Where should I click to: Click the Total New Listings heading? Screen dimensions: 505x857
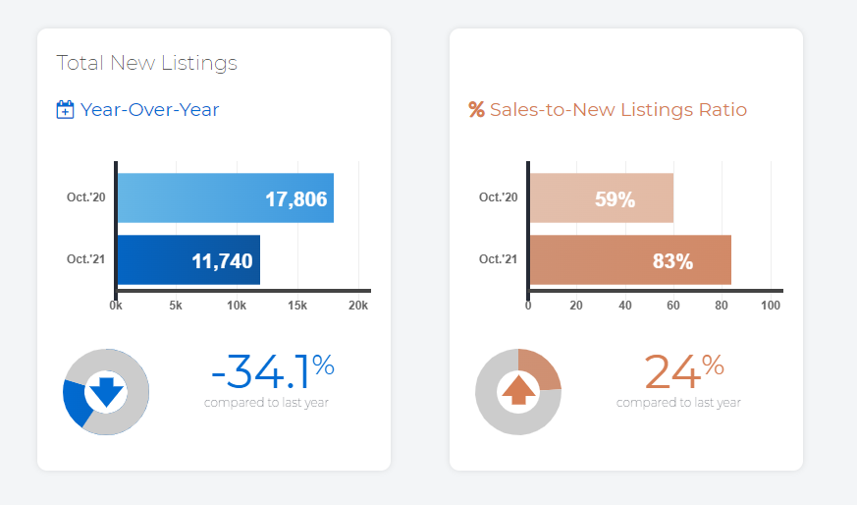coord(147,63)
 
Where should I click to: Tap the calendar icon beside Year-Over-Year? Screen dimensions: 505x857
coord(66,110)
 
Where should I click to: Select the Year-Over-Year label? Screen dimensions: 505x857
coord(150,110)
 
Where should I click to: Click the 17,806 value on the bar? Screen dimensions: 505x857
coord(295,199)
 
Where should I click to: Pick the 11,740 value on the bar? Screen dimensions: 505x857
coord(222,261)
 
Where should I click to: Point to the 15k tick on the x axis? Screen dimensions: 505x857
coord(297,306)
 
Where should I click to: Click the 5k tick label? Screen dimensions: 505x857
coord(176,306)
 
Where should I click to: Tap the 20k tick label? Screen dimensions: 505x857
coord(358,306)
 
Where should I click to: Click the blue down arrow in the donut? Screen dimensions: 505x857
coord(105,392)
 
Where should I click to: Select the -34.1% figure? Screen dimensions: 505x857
coord(272,372)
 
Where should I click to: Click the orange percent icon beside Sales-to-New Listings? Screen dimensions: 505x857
coord(477,110)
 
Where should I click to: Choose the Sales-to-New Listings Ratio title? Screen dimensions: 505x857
coord(618,110)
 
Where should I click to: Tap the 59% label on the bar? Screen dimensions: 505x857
coord(615,199)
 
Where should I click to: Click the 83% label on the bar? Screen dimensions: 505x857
coord(672,261)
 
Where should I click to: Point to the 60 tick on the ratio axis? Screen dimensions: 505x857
coord(673,306)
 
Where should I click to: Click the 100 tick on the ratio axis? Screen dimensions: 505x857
coord(771,306)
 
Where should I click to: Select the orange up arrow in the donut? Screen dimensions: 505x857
coord(518,390)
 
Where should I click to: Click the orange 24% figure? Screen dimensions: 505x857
coord(683,372)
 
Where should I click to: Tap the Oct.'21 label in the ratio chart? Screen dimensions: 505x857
coord(498,259)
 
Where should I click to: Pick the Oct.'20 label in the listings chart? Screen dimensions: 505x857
coord(85,197)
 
